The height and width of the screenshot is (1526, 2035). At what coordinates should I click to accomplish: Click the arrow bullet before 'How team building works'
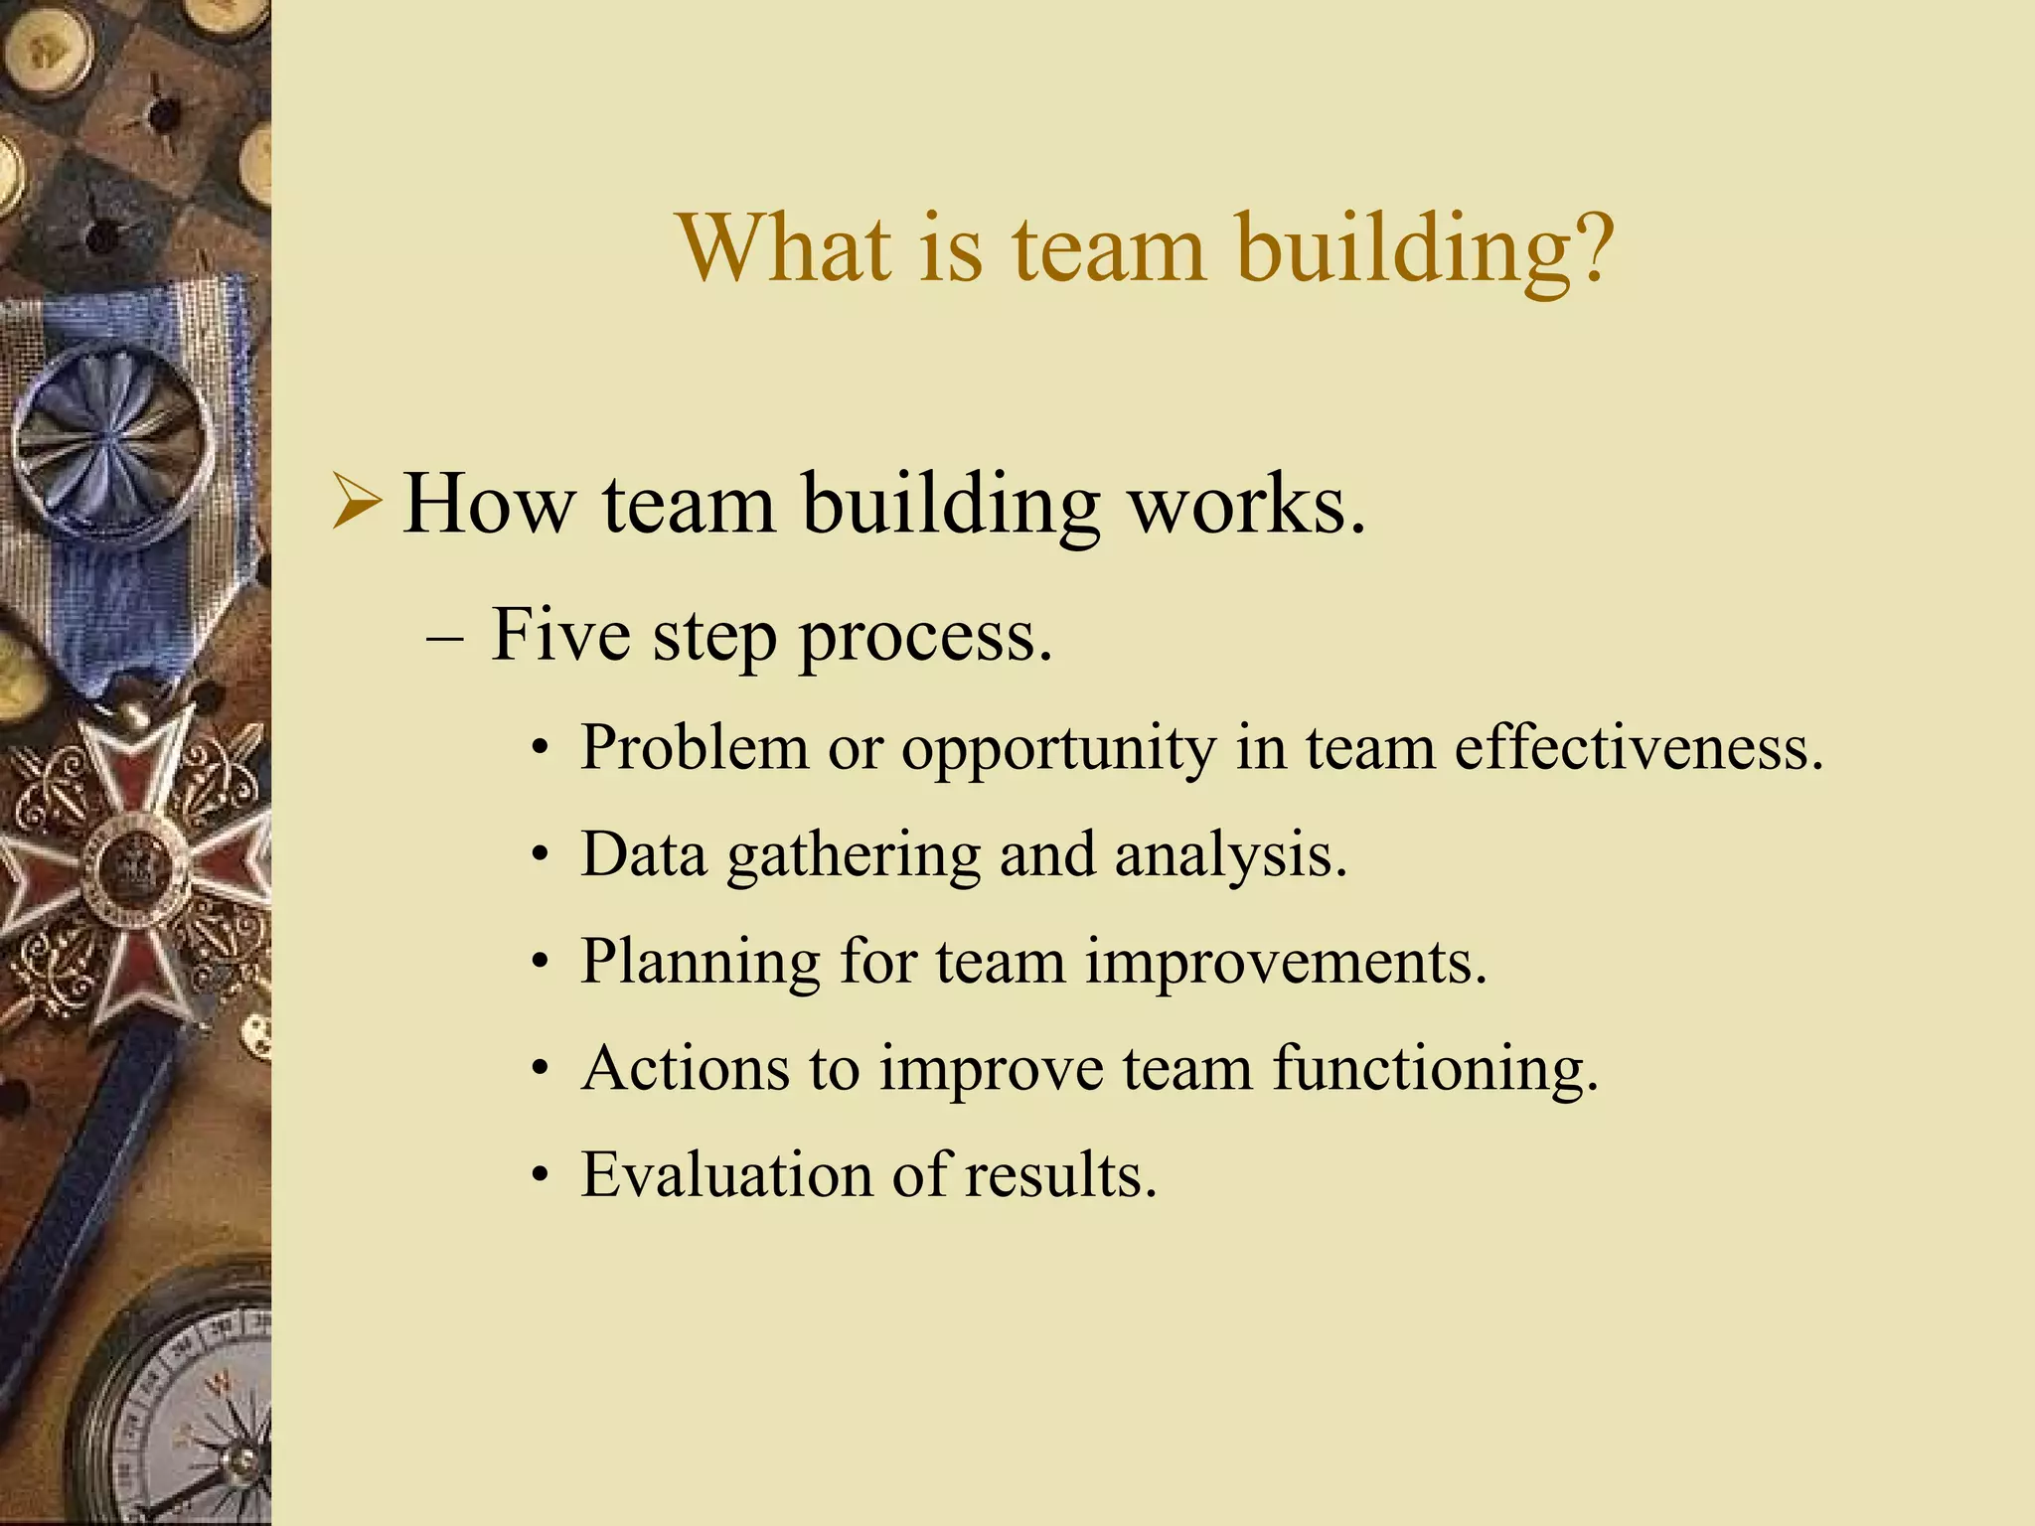tap(356, 503)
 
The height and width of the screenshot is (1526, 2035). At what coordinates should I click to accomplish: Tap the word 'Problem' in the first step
tap(695, 747)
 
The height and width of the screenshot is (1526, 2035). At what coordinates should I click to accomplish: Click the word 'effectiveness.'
tap(1640, 747)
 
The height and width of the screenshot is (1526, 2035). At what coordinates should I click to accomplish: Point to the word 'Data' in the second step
tap(644, 853)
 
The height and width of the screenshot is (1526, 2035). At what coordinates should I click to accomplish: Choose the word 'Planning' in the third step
tap(701, 963)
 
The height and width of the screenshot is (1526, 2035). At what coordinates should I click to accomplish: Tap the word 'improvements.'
tap(1286, 963)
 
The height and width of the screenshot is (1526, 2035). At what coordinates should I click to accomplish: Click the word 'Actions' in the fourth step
tap(687, 1068)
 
